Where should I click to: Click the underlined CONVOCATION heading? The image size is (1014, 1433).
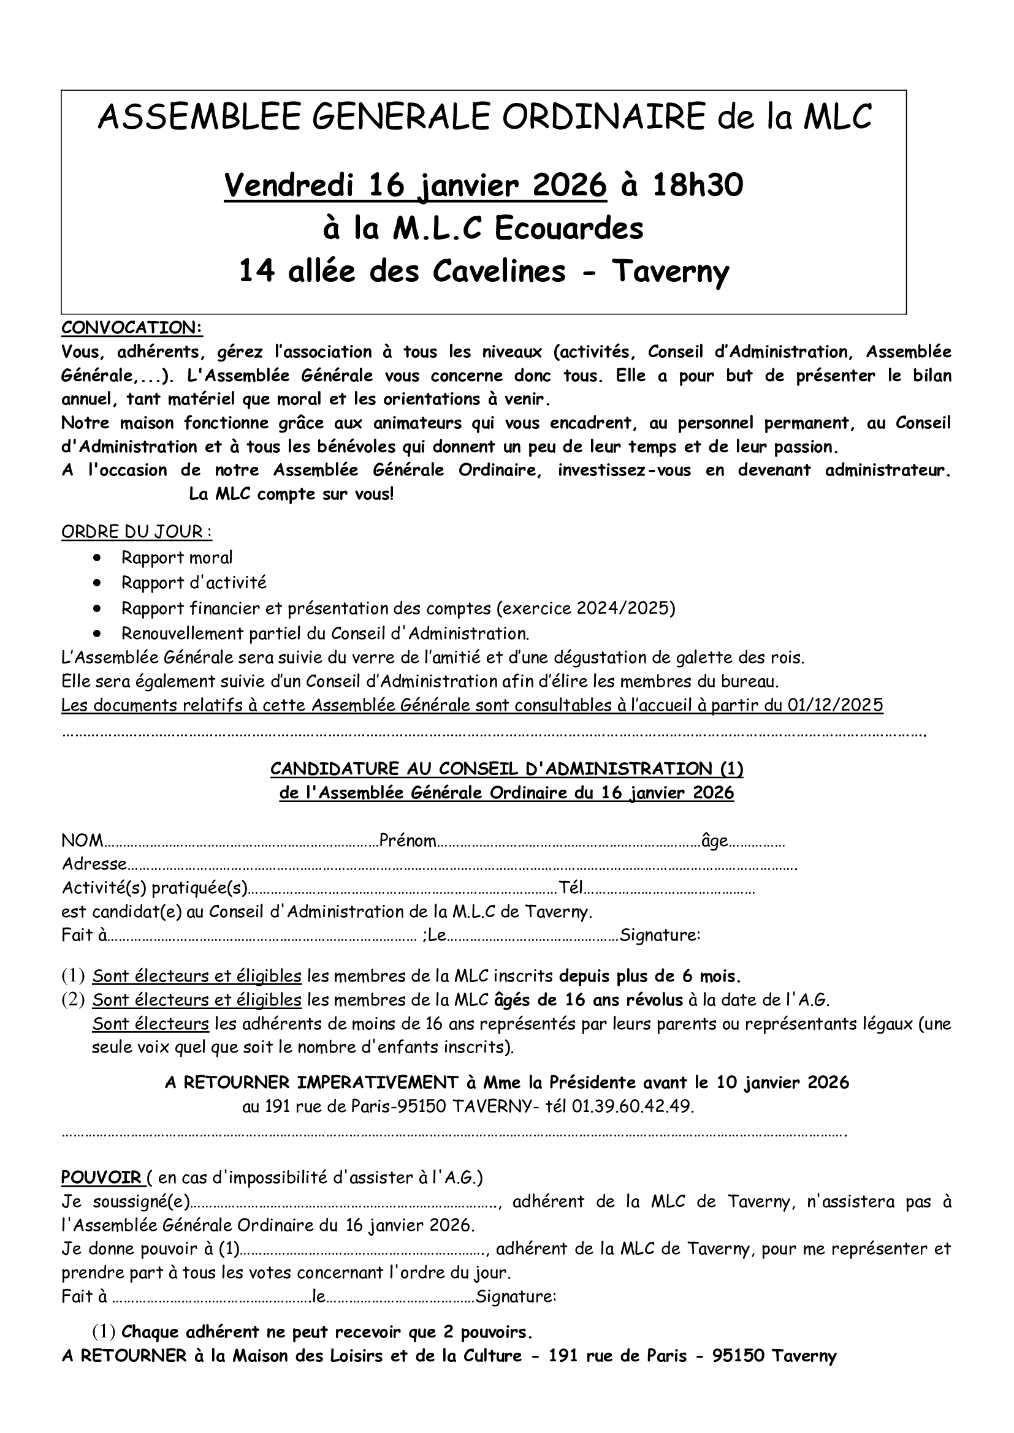click(x=132, y=328)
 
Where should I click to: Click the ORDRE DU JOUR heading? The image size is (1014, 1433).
click(x=136, y=532)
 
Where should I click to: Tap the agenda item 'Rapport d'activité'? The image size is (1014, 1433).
click(x=194, y=582)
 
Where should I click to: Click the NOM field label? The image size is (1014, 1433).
click(x=82, y=841)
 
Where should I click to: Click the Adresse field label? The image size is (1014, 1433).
click(x=94, y=864)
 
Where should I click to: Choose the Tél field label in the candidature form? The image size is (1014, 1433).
click(x=570, y=888)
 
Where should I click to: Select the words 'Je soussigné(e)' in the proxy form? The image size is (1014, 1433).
click(x=125, y=1201)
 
